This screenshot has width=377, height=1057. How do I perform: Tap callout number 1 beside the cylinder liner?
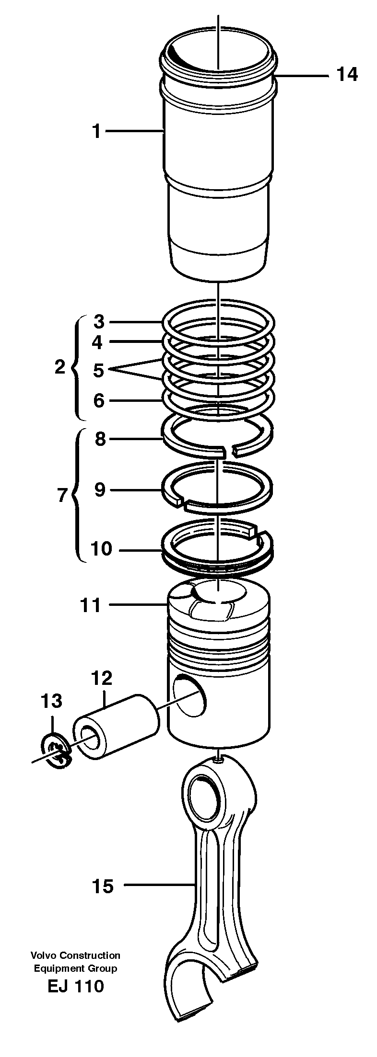[x=97, y=130]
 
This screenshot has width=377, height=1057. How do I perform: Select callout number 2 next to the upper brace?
[x=59, y=367]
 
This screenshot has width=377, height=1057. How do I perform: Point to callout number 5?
[x=98, y=370]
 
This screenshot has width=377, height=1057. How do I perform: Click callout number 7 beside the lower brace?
[x=61, y=495]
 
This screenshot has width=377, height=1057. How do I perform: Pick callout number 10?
[x=101, y=549]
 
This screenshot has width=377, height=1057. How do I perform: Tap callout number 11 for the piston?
[x=91, y=605]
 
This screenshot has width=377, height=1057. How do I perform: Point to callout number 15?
[x=103, y=886]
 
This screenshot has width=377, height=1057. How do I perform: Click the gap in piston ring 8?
[x=228, y=450]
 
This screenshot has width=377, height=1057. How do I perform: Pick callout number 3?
[x=99, y=322]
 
